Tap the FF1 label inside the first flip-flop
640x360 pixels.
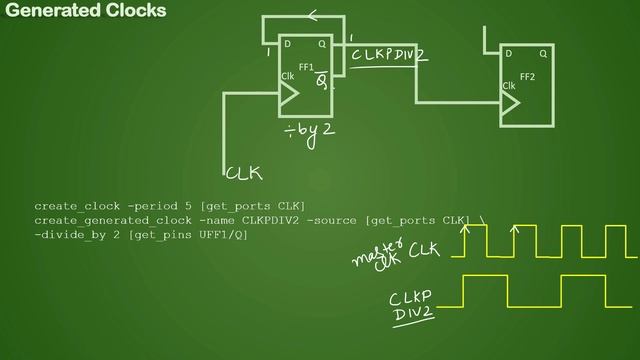(x=306, y=67)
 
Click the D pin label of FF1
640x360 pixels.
(x=287, y=44)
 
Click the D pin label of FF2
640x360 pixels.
(x=508, y=53)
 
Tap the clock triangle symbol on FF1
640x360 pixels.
(x=289, y=94)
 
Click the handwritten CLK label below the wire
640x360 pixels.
(x=244, y=173)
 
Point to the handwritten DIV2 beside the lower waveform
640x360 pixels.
(x=409, y=315)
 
